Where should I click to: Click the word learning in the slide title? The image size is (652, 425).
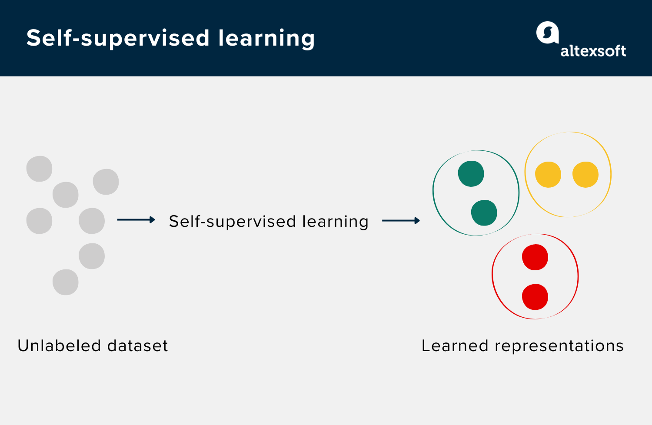266,39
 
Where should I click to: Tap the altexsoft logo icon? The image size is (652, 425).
547,33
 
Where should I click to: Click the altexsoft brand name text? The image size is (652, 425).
593,51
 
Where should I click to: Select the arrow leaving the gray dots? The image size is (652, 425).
136,220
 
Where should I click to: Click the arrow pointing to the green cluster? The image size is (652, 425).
401,221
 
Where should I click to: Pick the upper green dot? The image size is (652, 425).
471,174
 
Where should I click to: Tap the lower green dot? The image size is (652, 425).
484,213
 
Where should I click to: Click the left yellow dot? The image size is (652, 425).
548,175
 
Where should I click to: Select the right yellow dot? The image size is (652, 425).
585,175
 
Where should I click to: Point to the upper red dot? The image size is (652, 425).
535,257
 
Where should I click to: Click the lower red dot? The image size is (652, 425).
535,297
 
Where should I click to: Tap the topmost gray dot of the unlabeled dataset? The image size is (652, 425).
39,169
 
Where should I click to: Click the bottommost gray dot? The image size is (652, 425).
65,282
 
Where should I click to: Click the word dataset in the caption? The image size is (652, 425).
137,346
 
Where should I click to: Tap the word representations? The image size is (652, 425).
559,346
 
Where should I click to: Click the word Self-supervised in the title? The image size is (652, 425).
118,39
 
